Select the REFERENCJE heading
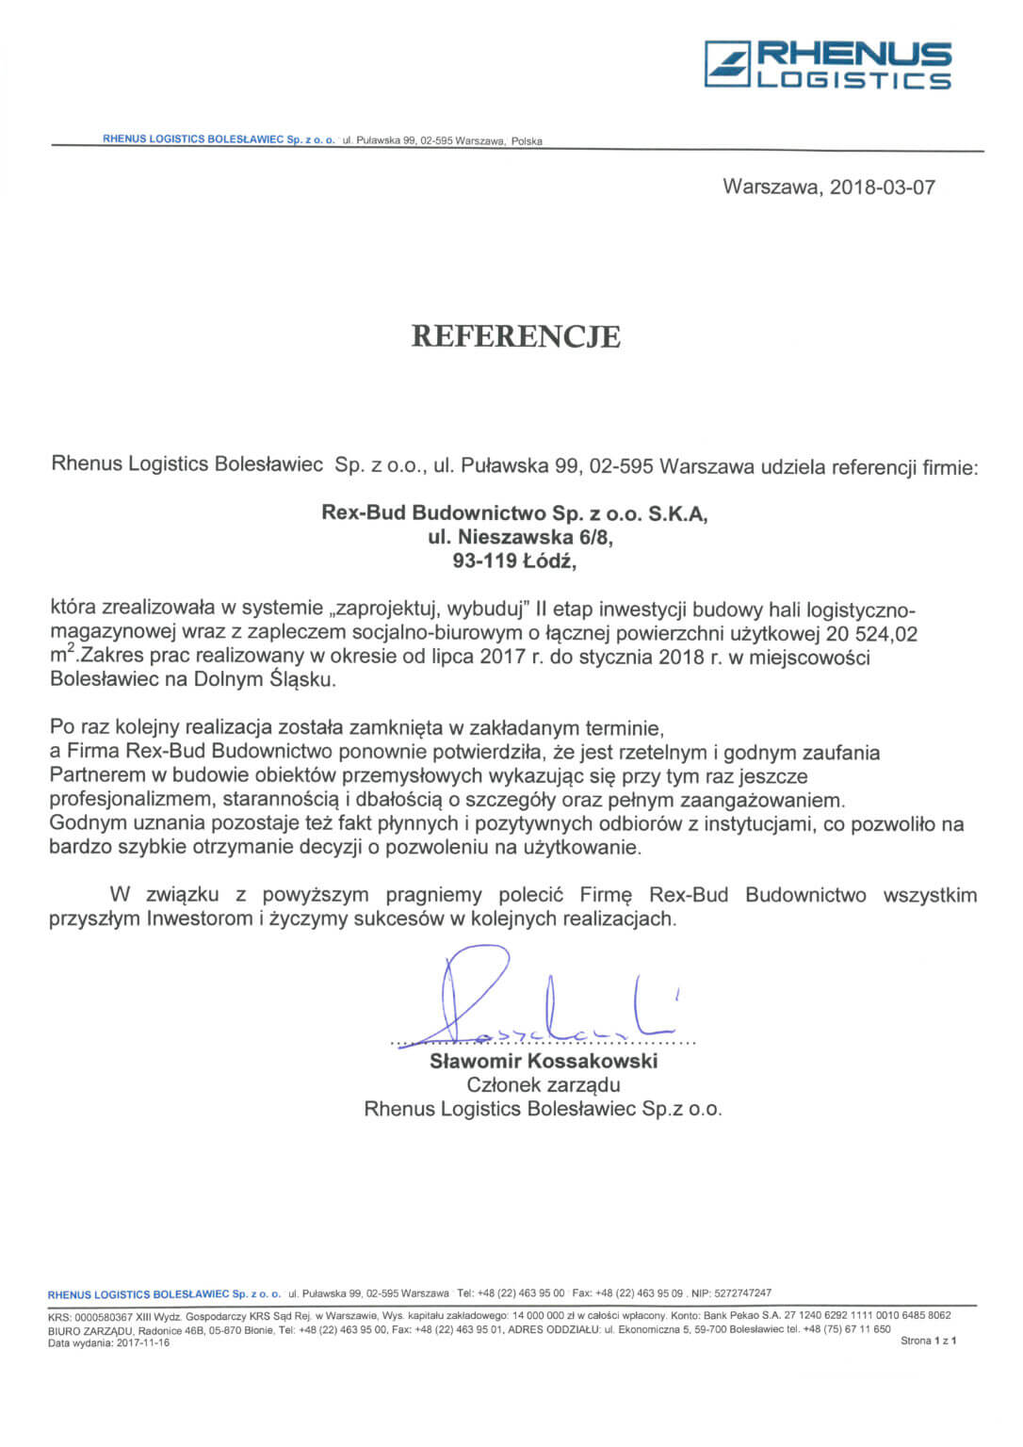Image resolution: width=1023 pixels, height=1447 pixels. [x=515, y=336]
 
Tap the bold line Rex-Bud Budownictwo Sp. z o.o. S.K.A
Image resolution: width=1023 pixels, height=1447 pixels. [x=514, y=513]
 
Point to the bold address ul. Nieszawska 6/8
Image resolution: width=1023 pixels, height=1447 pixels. [x=514, y=538]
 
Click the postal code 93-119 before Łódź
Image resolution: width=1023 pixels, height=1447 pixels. [x=484, y=561]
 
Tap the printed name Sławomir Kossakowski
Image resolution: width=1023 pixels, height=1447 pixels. [x=544, y=1061]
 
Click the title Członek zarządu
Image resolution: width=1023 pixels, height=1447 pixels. [x=544, y=1084]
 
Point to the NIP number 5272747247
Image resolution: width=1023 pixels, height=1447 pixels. [x=742, y=1293]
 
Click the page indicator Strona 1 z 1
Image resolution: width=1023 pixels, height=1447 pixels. [x=928, y=1341]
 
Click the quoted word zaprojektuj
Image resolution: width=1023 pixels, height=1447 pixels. [x=385, y=608]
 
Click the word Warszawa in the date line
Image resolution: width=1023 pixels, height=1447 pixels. [x=771, y=187]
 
